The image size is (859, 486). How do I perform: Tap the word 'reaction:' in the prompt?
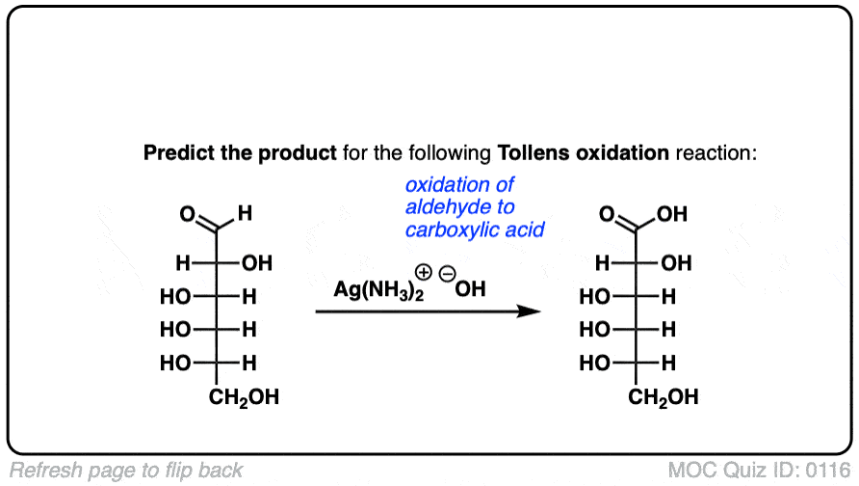(723, 153)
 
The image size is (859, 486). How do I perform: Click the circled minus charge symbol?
(448, 273)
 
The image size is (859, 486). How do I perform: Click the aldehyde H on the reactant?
(245, 214)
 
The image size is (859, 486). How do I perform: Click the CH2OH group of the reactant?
(244, 396)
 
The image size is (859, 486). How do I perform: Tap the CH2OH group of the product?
(664, 396)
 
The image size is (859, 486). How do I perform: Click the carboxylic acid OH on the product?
(672, 214)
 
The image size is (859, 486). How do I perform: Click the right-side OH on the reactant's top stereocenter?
(257, 262)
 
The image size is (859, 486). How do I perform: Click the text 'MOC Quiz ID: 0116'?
(761, 471)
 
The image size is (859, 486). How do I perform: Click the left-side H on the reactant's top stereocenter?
(181, 262)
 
